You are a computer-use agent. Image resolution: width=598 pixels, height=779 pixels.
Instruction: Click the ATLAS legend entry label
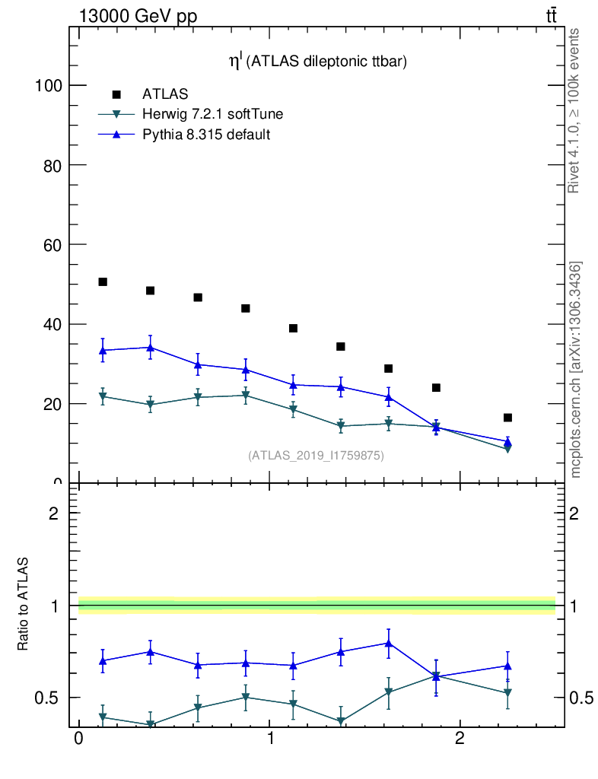(165, 94)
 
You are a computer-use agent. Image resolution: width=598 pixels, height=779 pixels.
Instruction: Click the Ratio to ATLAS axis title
(24, 605)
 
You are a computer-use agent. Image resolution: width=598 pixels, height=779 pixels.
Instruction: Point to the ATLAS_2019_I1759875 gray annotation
(316, 456)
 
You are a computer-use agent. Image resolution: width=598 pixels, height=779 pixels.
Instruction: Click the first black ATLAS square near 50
(103, 282)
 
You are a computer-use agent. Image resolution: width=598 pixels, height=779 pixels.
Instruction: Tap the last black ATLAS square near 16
(507, 418)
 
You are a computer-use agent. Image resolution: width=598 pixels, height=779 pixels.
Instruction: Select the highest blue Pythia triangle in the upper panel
(151, 348)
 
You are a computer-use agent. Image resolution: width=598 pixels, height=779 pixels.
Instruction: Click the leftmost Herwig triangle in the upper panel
(103, 397)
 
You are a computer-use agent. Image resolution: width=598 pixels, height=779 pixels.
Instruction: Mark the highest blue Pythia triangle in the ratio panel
(389, 643)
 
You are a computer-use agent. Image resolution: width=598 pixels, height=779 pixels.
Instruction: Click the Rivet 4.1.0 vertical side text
(574, 110)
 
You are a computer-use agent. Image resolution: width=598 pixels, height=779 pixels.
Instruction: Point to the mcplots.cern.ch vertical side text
(576, 369)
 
